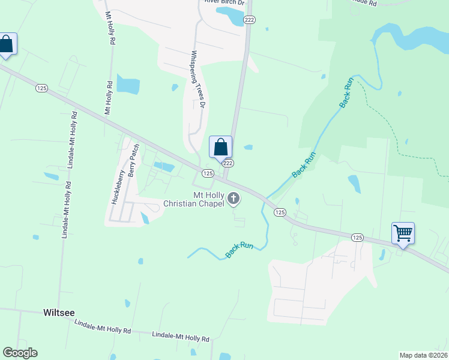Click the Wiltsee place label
pos(59,313)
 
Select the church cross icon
pos(234,199)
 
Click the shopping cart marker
pos(403,232)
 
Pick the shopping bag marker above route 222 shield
pos(220,146)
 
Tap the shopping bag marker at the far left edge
pos(6,44)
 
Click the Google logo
pos(20,353)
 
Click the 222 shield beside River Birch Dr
pos(250,20)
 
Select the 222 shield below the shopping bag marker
pos(228,163)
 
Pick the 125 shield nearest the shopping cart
pos(357,238)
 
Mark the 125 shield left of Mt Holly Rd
pos(41,88)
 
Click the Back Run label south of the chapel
pos(240,250)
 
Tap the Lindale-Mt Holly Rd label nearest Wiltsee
pos(98,327)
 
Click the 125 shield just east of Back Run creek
pos(280,212)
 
